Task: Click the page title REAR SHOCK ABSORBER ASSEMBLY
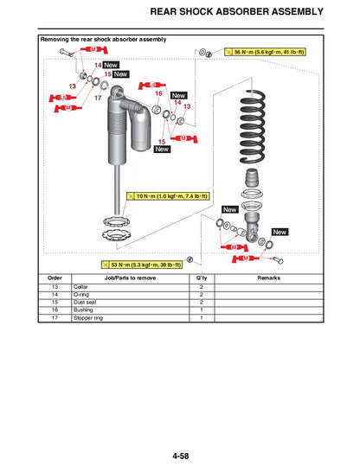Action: [249, 12]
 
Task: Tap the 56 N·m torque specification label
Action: [269, 53]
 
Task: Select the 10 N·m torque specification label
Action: [170, 197]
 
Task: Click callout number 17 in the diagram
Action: [98, 98]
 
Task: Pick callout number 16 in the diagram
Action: [158, 93]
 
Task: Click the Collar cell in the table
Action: [68, 287]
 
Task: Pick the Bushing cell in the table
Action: [71, 310]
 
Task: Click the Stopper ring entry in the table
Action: [75, 318]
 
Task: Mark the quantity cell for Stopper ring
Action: [201, 318]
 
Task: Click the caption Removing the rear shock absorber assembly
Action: [105, 40]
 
